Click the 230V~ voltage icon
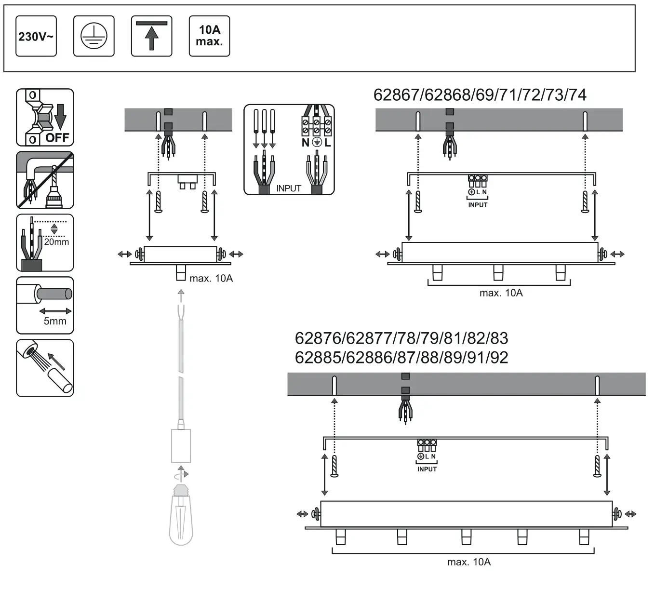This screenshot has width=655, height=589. click(x=36, y=36)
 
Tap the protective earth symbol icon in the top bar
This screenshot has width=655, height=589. click(x=94, y=36)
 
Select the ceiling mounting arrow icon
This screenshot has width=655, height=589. click(x=151, y=36)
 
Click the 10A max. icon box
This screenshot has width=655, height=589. click(x=209, y=36)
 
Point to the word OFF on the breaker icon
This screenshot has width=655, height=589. click(x=57, y=138)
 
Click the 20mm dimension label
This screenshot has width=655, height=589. click(x=56, y=242)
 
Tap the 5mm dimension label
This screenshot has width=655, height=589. click(x=55, y=321)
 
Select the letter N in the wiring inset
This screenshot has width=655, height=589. click(x=305, y=143)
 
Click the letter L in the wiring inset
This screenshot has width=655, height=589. click(x=328, y=143)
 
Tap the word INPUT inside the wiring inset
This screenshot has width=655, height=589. click(x=288, y=188)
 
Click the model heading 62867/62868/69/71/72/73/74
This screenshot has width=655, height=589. click(x=480, y=95)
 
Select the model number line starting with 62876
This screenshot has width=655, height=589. click(x=401, y=338)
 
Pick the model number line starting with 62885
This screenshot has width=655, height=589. click(x=401, y=358)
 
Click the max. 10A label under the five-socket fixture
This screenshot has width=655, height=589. click(x=468, y=562)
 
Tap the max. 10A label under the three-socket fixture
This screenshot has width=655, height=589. click(x=501, y=293)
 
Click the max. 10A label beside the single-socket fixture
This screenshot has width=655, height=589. click(x=211, y=279)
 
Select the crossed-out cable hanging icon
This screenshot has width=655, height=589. click(x=45, y=180)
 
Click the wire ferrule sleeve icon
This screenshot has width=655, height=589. click(x=45, y=368)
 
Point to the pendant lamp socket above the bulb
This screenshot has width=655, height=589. click(x=181, y=445)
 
